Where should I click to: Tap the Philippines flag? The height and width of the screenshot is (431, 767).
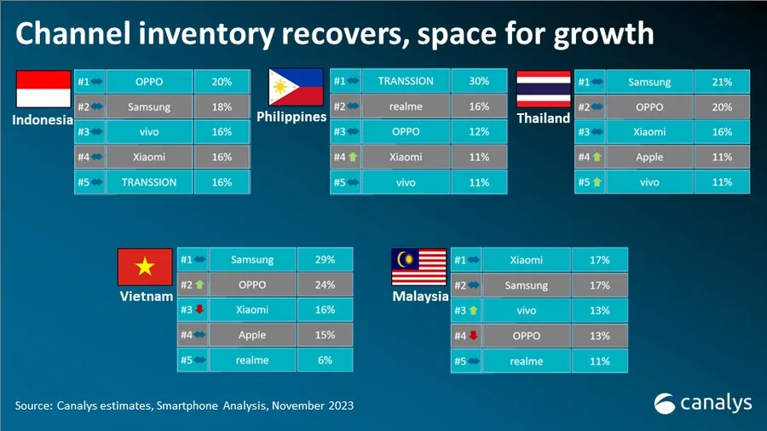click(x=296, y=87)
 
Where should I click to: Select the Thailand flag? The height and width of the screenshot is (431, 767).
click(x=544, y=89)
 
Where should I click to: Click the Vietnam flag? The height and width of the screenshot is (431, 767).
click(x=145, y=267)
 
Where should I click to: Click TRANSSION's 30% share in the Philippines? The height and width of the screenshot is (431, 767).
click(x=479, y=82)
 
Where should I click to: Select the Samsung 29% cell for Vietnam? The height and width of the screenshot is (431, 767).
click(x=325, y=260)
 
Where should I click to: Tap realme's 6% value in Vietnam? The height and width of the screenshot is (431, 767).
click(x=325, y=360)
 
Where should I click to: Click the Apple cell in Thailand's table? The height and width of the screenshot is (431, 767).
click(x=649, y=158)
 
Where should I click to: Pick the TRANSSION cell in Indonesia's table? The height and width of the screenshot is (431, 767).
click(x=149, y=182)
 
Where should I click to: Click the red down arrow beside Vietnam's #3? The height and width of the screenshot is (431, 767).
click(x=199, y=310)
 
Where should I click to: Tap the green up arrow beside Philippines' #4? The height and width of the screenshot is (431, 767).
click(x=351, y=157)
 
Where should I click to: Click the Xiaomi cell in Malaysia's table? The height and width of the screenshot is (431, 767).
click(x=526, y=260)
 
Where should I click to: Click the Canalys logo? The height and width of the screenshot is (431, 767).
click(x=702, y=402)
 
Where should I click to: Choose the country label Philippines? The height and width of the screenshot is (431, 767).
click(x=291, y=117)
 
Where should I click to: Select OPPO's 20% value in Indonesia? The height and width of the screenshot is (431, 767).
click(x=222, y=83)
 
